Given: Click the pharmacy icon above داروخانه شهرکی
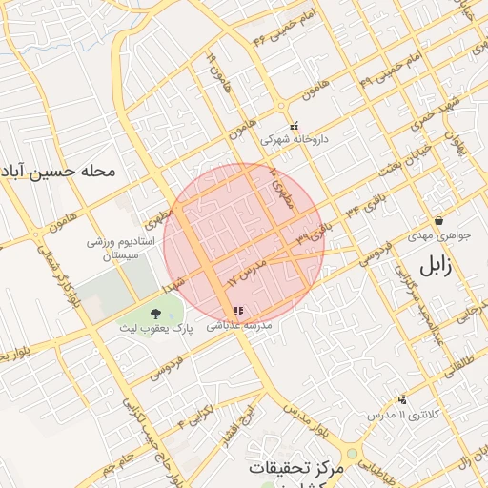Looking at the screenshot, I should coord(294,124).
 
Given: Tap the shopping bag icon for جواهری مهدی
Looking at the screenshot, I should coord(438,220).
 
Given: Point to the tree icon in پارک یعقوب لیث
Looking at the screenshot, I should coord(154,313).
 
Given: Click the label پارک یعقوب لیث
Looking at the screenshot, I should coord(155,328).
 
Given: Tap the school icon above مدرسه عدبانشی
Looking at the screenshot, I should coord(238,311).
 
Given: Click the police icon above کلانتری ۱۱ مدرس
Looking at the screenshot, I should coord(402,399).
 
